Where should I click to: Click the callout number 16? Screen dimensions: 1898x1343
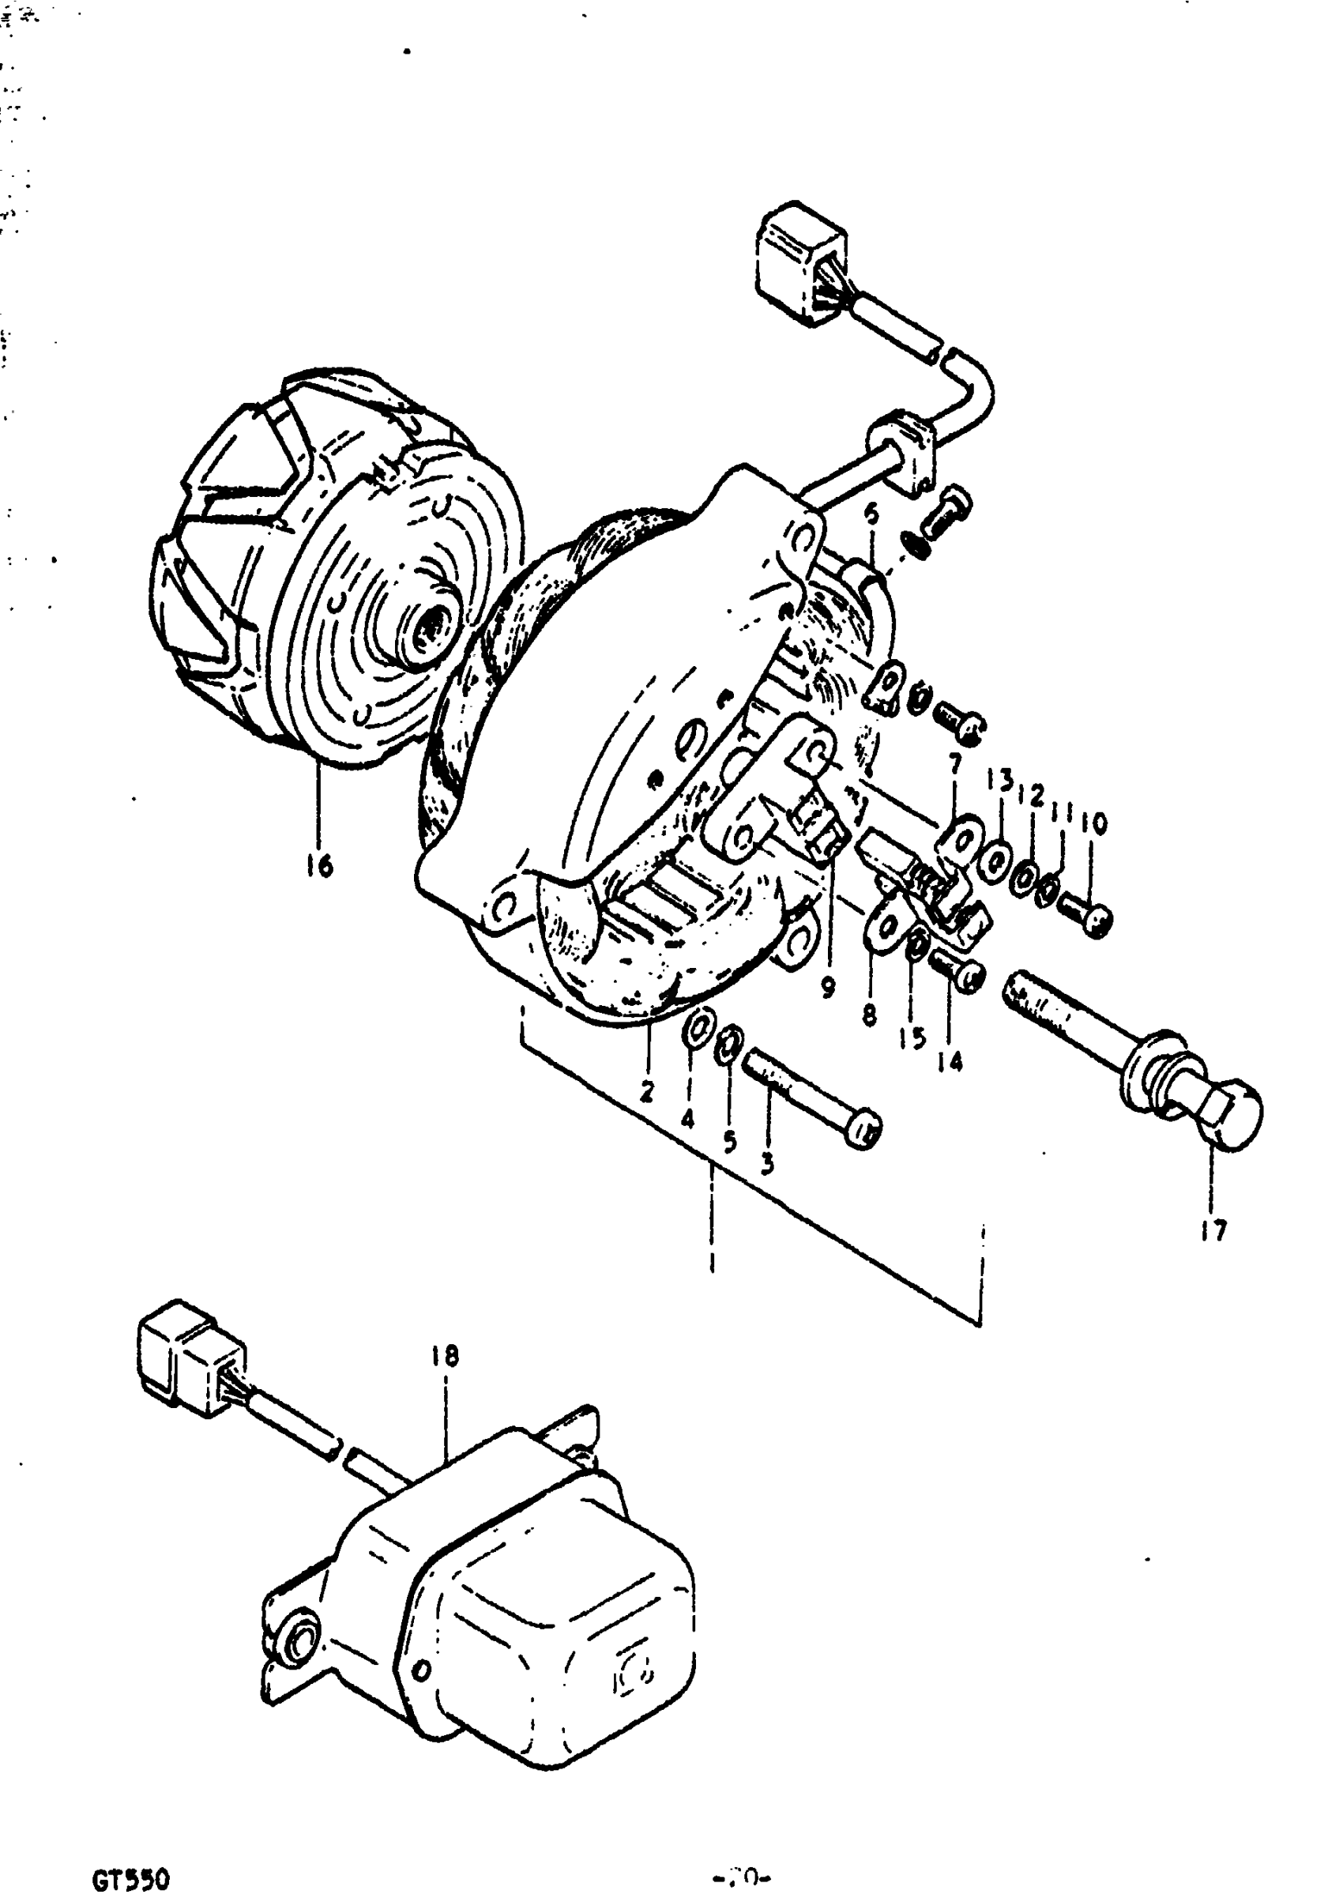tap(319, 866)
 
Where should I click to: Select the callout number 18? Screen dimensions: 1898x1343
tap(444, 1356)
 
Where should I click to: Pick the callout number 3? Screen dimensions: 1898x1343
tap(766, 1165)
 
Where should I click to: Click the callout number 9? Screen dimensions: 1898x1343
tap(829, 988)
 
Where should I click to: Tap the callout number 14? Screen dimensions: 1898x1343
tap(950, 1061)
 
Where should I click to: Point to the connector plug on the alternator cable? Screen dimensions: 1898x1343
tap(800, 258)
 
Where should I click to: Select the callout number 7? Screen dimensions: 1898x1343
tap(955, 763)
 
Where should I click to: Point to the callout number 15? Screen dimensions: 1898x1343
tap(912, 1039)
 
